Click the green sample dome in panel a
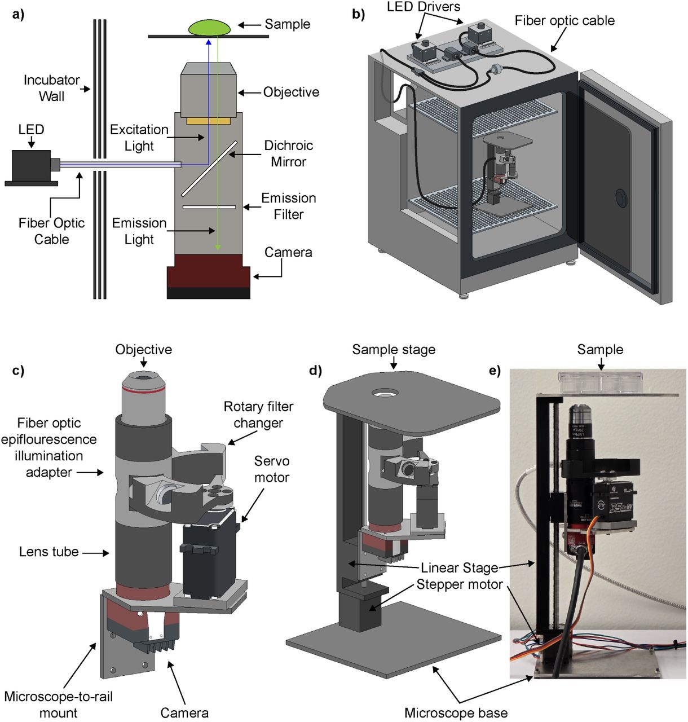[x=209, y=28]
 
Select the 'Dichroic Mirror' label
[x=288, y=153]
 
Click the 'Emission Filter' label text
[x=288, y=206]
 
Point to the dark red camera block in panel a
[x=209, y=271]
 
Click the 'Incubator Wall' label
[x=51, y=88]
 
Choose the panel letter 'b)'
[x=358, y=14]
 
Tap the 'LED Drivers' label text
[x=423, y=7]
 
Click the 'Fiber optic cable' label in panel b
[x=564, y=21]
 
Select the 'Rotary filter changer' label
[x=258, y=415]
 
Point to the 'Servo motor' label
[x=272, y=469]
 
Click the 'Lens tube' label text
[x=49, y=552]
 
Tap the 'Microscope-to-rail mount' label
[x=58, y=705]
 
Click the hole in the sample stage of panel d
[x=385, y=391]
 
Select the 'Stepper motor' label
[x=460, y=584]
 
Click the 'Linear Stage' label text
[x=460, y=567]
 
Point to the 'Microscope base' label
[x=456, y=713]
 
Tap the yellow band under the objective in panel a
[x=209, y=121]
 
